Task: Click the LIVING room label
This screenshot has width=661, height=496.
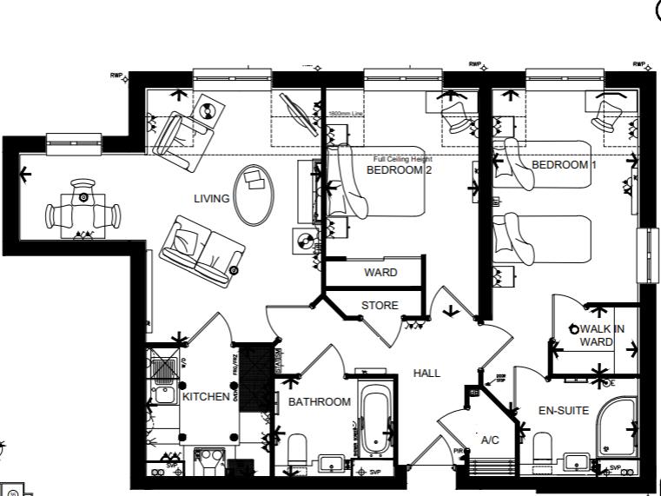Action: coord(212,199)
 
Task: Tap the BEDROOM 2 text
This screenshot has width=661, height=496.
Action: coord(399,170)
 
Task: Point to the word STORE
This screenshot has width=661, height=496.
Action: coord(380,306)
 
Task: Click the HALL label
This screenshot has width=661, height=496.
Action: coord(426,373)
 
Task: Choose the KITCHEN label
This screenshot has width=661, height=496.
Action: coord(205,397)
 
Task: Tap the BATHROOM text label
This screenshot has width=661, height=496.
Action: coord(320,402)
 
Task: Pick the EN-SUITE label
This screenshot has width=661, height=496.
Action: coord(564,410)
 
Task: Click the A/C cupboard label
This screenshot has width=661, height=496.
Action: coord(490,440)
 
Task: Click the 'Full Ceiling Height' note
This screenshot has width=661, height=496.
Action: coord(402,159)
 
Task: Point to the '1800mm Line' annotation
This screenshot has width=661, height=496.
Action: coord(344,115)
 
